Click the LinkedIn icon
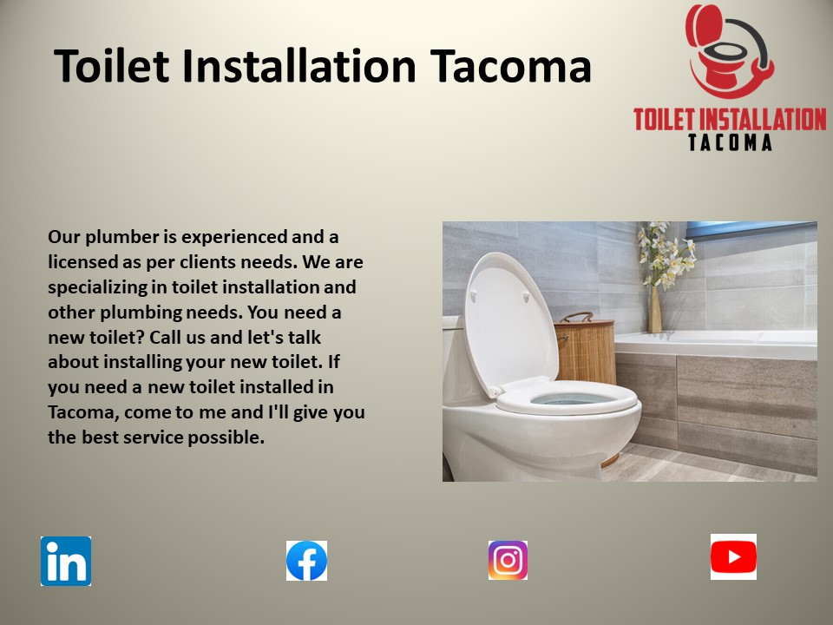66,561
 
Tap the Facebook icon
307,561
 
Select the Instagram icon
508,561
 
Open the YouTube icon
733,556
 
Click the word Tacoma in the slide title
511,67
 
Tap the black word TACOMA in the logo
730,141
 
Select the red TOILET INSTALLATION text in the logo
730,119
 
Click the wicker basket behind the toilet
585,347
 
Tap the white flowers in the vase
666,252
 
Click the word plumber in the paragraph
113,237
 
